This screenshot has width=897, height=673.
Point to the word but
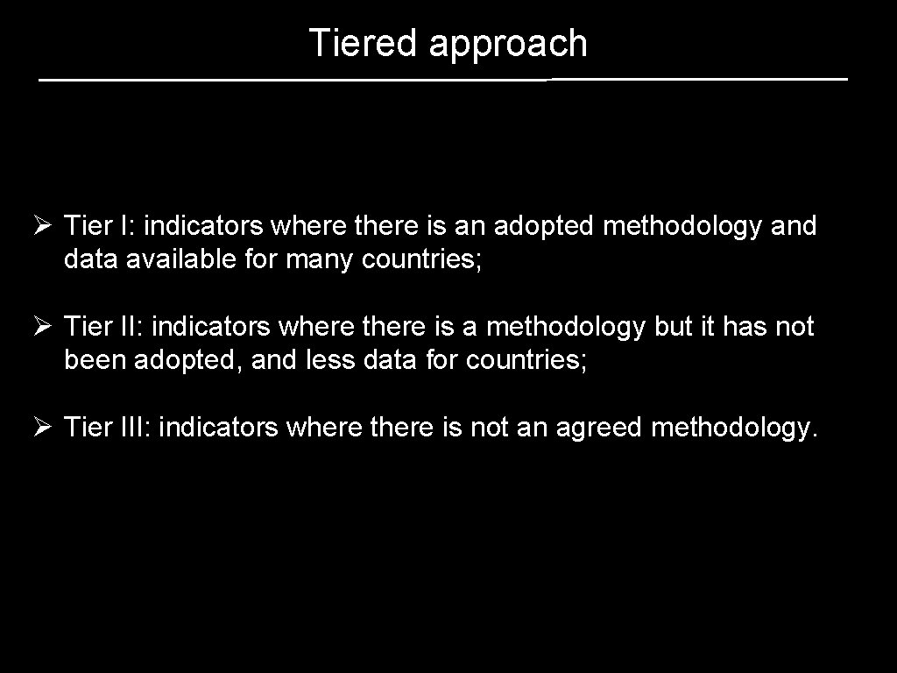673,327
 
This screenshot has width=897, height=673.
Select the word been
95,360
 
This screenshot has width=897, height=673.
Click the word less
331,360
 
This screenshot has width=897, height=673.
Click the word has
746,327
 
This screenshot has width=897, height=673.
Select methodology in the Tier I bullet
682,227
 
